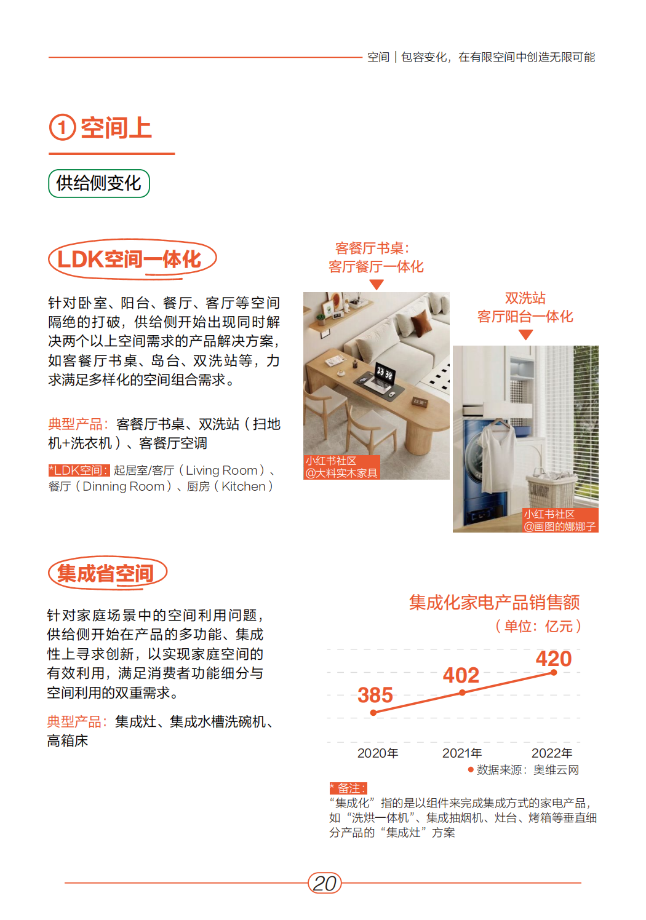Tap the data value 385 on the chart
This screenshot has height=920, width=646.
tap(375, 695)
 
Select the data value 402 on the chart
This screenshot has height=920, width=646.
tap(461, 675)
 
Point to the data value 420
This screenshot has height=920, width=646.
tap(554, 659)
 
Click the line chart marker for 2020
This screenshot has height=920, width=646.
tap(373, 713)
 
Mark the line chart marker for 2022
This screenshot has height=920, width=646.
tap(554, 673)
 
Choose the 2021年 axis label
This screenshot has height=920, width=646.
tap(462, 753)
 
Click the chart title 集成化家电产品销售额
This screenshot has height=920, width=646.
tap(494, 603)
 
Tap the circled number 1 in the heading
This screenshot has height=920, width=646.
tap(63, 127)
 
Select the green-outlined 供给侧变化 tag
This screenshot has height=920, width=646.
tap(98, 183)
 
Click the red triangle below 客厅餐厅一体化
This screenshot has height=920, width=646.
tap(377, 284)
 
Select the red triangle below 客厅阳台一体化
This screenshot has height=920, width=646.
tap(525, 335)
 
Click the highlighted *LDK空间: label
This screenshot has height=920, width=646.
tap(79, 470)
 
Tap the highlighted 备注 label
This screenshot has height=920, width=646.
tap(348, 788)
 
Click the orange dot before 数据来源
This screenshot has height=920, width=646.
tap(471, 770)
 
